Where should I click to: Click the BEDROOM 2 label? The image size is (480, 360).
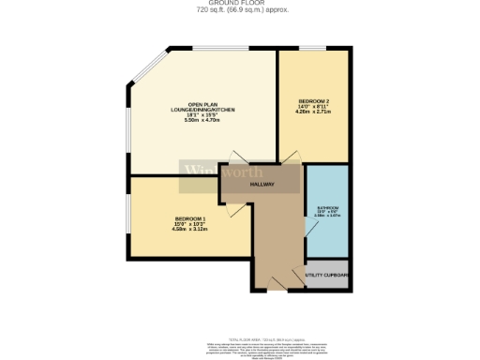pyautogui.click(x=314, y=99)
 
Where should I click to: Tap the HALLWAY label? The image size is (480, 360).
pyautogui.click(x=262, y=185)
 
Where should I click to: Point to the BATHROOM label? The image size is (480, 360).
pyautogui.click(x=327, y=207)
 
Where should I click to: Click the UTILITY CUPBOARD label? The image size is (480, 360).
pyautogui.click(x=327, y=275)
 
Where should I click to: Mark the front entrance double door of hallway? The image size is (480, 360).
pyautogui.click(x=277, y=281)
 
